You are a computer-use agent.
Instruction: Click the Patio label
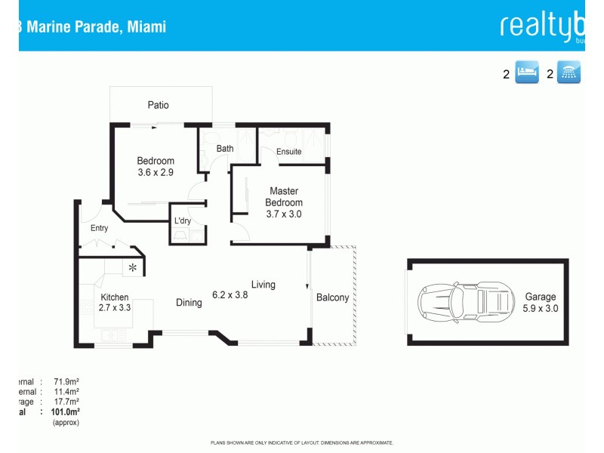(x=158, y=106)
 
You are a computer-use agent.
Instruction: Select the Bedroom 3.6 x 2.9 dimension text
(x=156, y=173)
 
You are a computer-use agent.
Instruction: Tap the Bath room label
(x=225, y=149)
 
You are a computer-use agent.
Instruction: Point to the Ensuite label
(x=289, y=152)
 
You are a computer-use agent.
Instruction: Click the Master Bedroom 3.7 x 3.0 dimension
(x=284, y=214)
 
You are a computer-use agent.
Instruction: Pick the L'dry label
(x=183, y=221)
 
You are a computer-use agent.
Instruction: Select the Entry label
(x=99, y=228)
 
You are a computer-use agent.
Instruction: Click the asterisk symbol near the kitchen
(x=133, y=267)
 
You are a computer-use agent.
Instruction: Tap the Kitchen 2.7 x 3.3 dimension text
(x=115, y=308)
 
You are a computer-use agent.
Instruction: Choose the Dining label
(x=189, y=303)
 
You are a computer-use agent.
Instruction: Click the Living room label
(x=263, y=285)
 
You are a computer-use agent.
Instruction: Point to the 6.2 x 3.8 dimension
(x=230, y=294)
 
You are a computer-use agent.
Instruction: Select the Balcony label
(x=332, y=297)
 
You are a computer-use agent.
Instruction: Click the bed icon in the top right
(x=527, y=73)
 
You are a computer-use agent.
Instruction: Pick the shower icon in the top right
(x=569, y=73)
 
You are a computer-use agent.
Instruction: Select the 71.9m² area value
(x=66, y=383)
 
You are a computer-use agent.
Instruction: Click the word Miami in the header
(x=146, y=27)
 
